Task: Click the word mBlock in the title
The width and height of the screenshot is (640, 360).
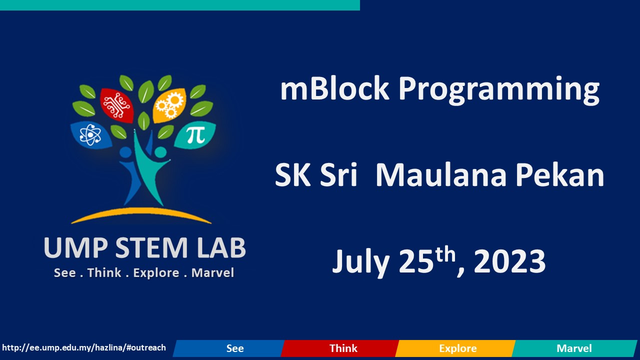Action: pos(334,89)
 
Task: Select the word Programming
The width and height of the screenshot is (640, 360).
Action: pos(498,90)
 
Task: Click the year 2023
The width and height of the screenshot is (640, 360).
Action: pos(509,262)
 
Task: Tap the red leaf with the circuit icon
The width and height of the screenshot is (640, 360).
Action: pos(116,105)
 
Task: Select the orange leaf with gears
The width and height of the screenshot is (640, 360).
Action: pos(169,105)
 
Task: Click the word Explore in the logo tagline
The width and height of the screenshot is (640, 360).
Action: pos(156,273)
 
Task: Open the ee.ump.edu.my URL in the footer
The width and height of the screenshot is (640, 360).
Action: pos(84,347)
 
